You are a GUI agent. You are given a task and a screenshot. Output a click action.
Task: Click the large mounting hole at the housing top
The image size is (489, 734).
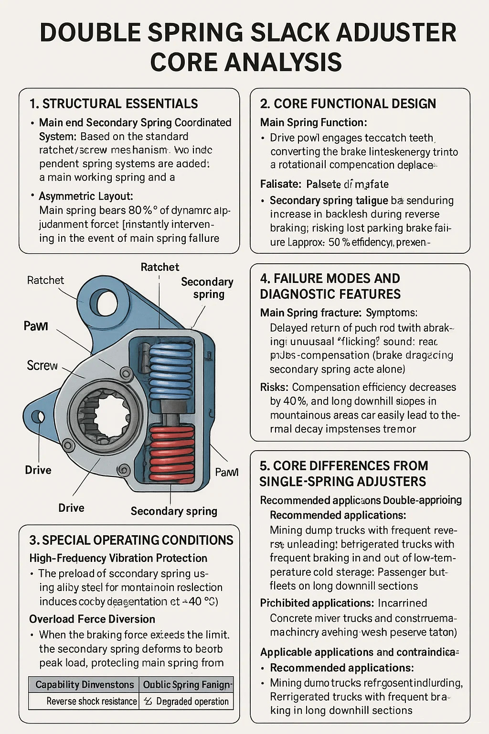[106, 302]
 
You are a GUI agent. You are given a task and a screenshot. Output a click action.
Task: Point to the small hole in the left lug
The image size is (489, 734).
[38, 417]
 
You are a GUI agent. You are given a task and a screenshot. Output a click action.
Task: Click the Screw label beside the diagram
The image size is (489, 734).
[42, 366]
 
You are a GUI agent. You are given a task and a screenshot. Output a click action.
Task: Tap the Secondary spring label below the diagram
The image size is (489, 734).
[174, 511]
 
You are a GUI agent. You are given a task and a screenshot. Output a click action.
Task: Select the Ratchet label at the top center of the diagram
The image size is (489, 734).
[160, 267]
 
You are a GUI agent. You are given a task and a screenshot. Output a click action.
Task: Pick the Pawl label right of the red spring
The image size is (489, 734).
[226, 472]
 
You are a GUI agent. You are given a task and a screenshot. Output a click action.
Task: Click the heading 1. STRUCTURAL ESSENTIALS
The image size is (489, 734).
[114, 104]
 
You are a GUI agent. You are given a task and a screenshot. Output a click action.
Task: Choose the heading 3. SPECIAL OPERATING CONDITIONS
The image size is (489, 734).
[131, 540]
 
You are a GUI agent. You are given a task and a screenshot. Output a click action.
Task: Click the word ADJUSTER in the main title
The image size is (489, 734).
[383, 32]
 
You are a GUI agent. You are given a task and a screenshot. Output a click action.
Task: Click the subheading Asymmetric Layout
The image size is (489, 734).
[85, 196]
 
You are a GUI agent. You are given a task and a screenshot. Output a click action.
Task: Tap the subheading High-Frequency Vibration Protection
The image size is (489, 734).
[118, 558]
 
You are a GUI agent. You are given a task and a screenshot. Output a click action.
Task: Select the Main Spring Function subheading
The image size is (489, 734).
[313, 122]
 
